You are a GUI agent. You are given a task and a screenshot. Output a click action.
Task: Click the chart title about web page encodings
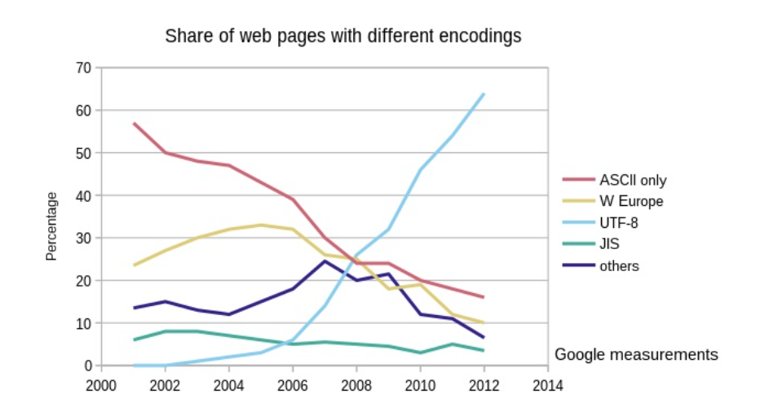coord(343,37)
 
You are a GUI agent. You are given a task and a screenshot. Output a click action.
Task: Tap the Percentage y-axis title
coord(51,226)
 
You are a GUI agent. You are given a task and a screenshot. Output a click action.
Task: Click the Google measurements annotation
coord(636,355)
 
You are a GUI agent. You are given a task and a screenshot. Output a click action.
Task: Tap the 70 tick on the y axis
coord(84,68)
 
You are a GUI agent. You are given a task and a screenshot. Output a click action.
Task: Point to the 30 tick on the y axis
coord(84,238)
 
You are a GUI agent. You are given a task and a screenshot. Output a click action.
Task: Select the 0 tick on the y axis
coord(87,366)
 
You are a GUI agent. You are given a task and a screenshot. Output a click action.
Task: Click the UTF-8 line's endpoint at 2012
coord(484,94)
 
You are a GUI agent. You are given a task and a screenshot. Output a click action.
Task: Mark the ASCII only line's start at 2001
coord(134,124)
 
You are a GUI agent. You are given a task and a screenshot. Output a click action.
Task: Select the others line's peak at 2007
coord(325,261)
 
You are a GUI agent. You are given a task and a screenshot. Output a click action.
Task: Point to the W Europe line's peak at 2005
coord(261,225)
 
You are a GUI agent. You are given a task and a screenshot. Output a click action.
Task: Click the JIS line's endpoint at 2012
coord(484,350)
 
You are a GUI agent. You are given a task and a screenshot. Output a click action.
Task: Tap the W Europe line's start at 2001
coord(134,265)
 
